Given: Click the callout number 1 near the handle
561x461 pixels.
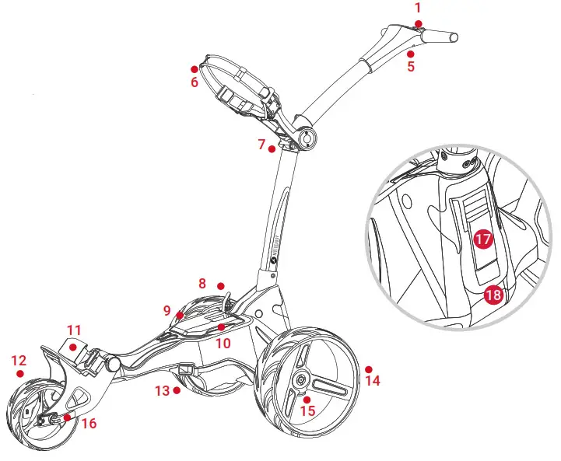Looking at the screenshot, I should (x=418, y=8).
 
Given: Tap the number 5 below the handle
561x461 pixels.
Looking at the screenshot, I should (x=411, y=67).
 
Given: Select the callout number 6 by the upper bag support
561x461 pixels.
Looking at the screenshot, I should (x=195, y=82).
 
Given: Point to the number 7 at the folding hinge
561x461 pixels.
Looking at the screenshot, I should (x=262, y=144).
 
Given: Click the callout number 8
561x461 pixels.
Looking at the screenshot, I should (x=202, y=285).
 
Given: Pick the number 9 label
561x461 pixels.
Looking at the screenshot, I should (x=167, y=310).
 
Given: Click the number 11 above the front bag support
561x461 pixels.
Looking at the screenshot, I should (x=74, y=330).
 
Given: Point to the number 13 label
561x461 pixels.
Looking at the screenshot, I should (x=162, y=390).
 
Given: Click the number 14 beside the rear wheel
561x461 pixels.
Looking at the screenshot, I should (x=373, y=381).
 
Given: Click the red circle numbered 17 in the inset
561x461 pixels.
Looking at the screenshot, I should (x=482, y=239).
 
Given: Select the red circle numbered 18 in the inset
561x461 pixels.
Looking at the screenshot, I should (x=493, y=295).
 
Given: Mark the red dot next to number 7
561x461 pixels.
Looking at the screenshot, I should (x=272, y=148).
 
